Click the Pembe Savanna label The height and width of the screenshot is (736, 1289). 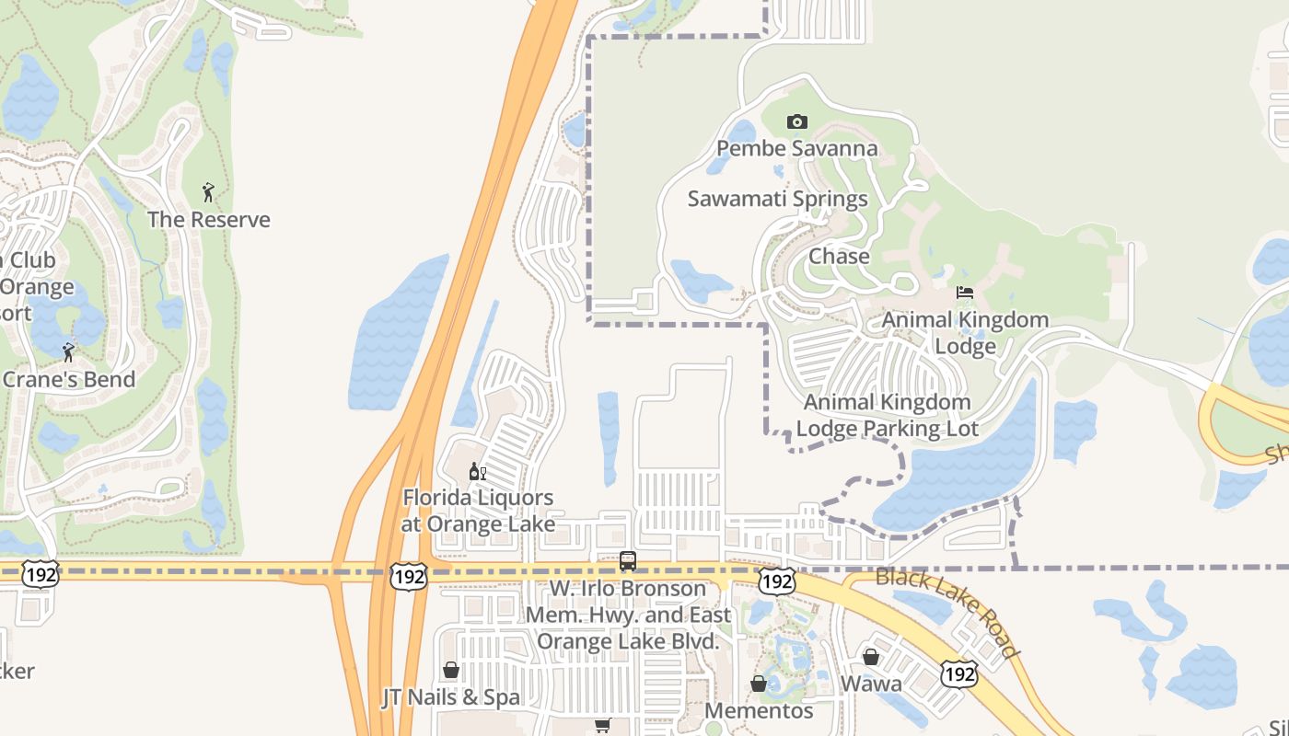(x=796, y=148)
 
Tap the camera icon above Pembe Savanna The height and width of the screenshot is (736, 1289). (x=797, y=121)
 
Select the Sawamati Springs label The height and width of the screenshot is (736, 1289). (x=778, y=199)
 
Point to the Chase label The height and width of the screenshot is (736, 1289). (x=839, y=257)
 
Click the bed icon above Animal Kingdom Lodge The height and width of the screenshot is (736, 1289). (x=965, y=293)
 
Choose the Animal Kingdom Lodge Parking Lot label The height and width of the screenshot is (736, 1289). (x=887, y=415)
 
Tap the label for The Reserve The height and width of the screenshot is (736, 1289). (x=209, y=219)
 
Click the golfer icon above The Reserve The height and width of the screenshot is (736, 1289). (x=208, y=192)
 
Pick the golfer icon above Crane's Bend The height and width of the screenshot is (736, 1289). (x=68, y=351)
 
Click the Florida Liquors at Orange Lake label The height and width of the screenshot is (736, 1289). (x=479, y=511)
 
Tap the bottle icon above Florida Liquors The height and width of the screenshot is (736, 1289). (x=477, y=472)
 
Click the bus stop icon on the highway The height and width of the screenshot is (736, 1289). (x=628, y=560)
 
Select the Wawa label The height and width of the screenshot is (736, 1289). (x=871, y=684)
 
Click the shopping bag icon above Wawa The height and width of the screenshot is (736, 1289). (x=871, y=657)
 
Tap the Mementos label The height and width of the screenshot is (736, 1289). (x=759, y=711)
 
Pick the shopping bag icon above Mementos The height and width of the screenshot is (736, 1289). (x=759, y=684)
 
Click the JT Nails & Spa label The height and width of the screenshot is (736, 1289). (x=451, y=697)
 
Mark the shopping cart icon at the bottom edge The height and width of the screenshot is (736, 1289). (x=603, y=726)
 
